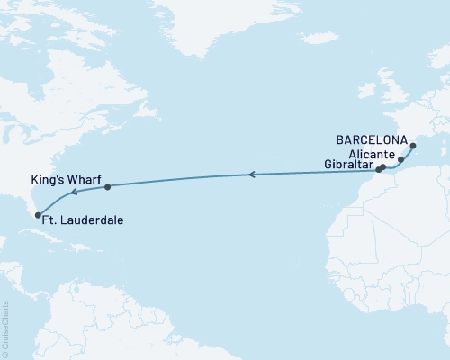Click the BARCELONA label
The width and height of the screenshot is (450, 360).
coord(373,140)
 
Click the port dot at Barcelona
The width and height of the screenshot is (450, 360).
coord(413,146)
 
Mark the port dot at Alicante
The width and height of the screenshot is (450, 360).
coord(400,158)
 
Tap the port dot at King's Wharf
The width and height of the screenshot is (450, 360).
coord(108,187)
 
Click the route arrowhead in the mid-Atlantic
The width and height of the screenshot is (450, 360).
coord(252,175)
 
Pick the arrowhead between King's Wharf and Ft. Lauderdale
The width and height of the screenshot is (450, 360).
coord(74,192)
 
